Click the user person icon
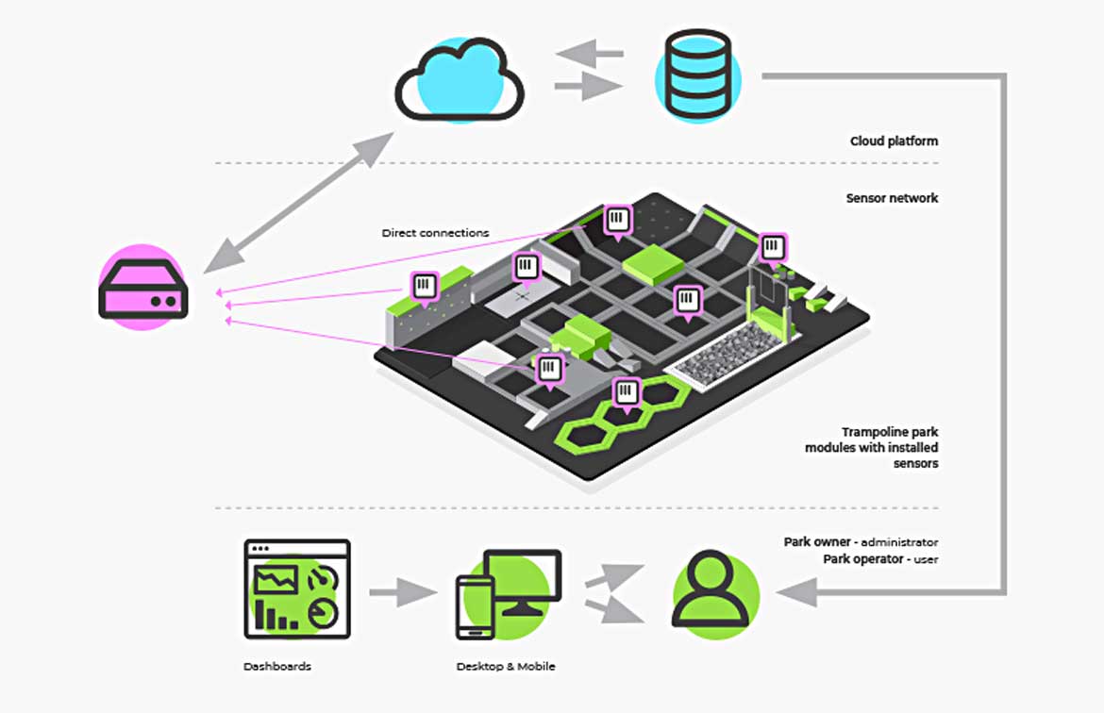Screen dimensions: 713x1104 pos(715,592)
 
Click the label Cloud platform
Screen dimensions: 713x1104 pos(894,141)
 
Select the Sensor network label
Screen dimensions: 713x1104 pos(892,198)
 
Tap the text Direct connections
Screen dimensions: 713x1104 pos(435,232)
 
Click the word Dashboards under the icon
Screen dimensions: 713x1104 pos(276,666)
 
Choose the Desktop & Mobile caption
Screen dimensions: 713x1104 pos(506,666)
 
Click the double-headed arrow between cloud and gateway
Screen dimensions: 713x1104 pos(298,203)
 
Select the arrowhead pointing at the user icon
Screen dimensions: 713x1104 pos(794,593)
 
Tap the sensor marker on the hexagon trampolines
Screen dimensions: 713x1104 pos(627,391)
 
